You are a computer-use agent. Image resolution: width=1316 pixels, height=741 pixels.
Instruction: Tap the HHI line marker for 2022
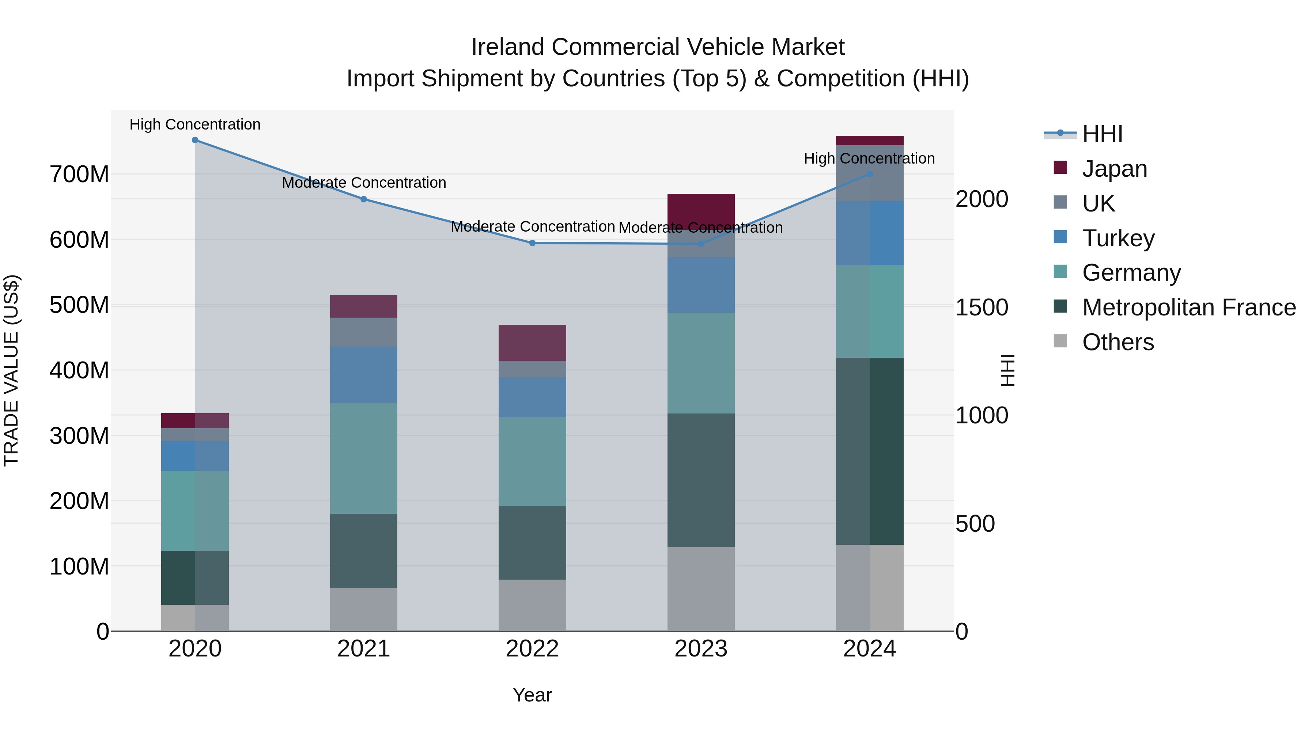[532, 243]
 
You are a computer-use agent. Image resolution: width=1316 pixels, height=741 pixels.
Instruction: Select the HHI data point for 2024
[870, 175]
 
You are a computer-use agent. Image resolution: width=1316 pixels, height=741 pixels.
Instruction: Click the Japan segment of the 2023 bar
[701, 210]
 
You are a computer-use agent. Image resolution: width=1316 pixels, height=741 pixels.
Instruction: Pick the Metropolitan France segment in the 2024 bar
[870, 451]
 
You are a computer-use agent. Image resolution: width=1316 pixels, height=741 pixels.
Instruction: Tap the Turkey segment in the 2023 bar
[701, 285]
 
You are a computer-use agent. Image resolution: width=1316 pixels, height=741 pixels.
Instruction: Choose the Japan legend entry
[1114, 169]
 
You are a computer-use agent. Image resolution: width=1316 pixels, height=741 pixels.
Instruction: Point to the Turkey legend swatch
[1060, 237]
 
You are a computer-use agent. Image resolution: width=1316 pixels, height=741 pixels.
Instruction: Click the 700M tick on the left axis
[79, 175]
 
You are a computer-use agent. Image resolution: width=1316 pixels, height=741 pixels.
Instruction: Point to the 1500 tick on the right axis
[982, 307]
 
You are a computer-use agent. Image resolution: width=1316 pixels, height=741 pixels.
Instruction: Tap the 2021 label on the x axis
[364, 649]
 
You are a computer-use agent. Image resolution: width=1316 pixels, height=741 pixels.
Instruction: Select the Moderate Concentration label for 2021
[364, 183]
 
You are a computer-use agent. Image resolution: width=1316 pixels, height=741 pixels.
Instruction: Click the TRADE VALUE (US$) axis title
[11, 370]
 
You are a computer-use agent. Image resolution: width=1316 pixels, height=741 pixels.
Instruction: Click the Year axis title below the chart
[532, 695]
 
